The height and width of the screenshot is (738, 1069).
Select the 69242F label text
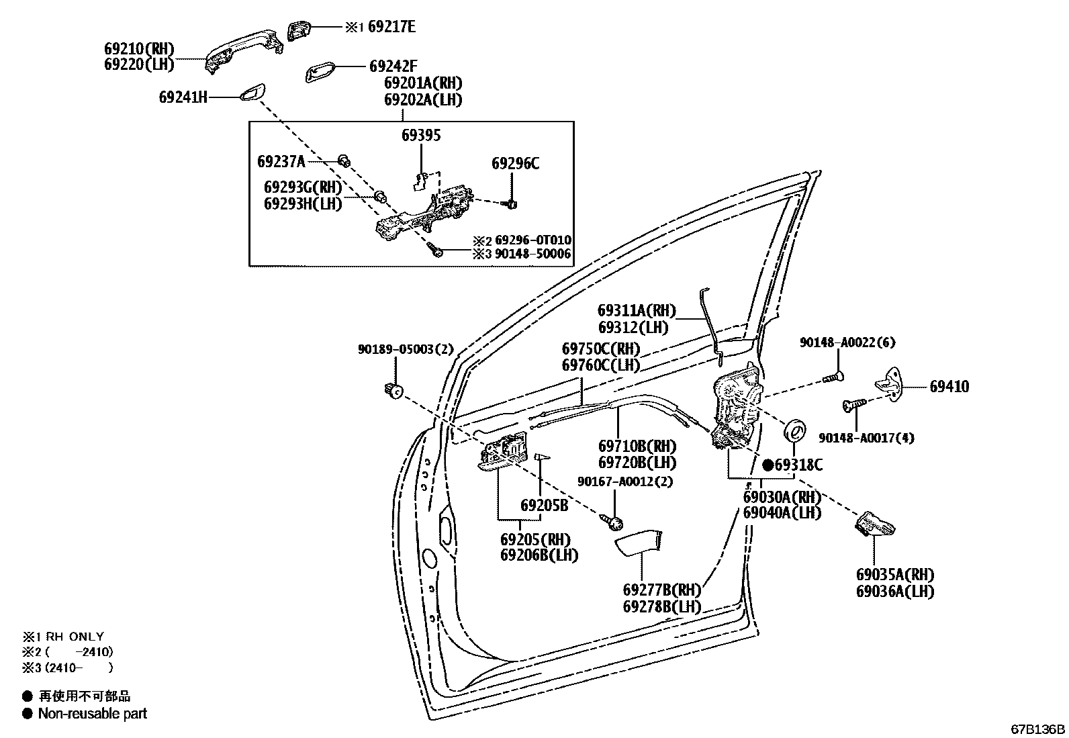click(x=393, y=66)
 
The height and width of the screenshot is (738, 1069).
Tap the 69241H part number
click(x=183, y=97)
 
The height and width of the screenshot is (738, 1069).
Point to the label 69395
click(x=421, y=136)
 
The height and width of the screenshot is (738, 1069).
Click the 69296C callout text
click(x=515, y=163)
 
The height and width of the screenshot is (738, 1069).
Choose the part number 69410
click(x=949, y=387)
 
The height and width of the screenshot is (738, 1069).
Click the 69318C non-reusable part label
click(x=798, y=465)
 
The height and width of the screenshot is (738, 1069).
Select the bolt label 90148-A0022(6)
click(x=847, y=342)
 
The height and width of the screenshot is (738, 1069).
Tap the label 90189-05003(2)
click(x=406, y=349)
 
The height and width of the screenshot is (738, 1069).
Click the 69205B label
click(x=544, y=505)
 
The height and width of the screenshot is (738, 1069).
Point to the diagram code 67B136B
click(x=1038, y=729)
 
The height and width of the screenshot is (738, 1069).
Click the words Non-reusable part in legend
click(x=92, y=714)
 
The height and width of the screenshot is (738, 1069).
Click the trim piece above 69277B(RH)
click(x=641, y=543)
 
